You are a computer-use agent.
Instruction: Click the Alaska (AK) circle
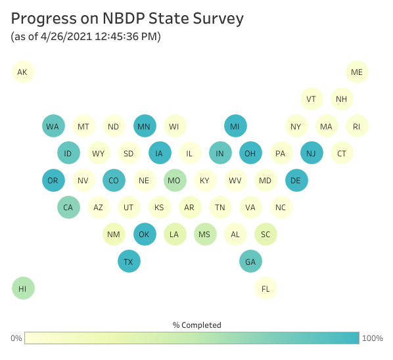tap(23, 72)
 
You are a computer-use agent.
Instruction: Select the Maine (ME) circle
tap(357, 72)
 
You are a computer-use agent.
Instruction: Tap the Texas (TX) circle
tap(129, 261)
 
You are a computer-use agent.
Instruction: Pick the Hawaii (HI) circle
tap(23, 288)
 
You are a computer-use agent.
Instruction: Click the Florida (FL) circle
tap(266, 288)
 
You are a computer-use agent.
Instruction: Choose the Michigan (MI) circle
tap(235, 125)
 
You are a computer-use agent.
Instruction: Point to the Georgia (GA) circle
tap(250, 261)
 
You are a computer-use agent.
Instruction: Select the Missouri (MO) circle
tap(175, 180)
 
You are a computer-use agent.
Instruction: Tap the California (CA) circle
tap(68, 207)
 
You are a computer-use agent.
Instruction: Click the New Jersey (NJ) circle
tap(312, 153)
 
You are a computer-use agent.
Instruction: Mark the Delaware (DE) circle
tap(296, 180)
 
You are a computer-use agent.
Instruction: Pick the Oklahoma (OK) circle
tap(145, 235)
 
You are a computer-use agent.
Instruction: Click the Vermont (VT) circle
tap(312, 99)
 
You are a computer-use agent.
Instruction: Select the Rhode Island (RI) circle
tap(357, 125)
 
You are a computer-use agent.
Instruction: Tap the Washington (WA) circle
tap(53, 125)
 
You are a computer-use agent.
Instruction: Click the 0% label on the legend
tap(16, 338)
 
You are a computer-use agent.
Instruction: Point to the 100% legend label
tap(373, 338)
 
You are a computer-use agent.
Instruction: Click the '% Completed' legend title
tap(196, 325)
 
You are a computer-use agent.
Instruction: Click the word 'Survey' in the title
tap(218, 19)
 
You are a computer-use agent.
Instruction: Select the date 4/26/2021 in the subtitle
tap(66, 37)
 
